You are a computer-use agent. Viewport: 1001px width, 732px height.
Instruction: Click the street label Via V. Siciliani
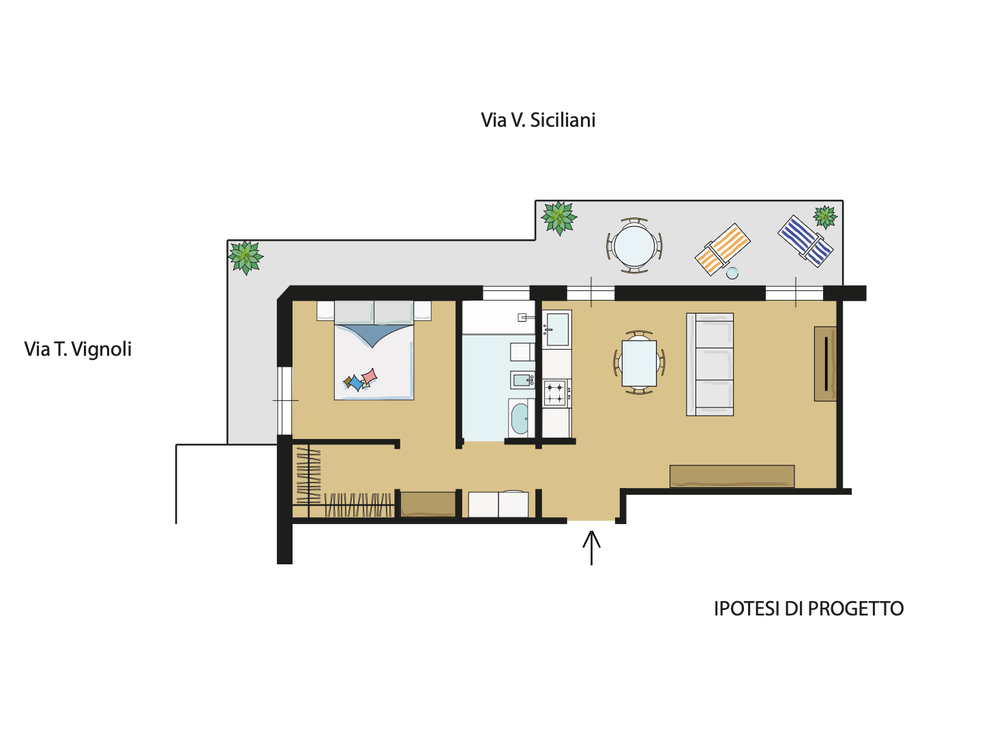point(538,120)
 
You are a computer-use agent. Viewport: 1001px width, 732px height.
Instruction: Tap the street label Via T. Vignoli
point(78,350)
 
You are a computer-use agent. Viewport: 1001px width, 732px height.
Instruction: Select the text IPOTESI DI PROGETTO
point(809,609)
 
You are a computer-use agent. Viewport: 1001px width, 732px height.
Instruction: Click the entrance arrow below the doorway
point(591,547)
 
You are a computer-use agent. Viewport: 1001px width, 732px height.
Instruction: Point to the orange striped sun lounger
point(723,249)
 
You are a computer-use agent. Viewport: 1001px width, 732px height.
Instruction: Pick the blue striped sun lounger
point(805,241)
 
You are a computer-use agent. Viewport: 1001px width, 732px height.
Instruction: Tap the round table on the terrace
point(634,245)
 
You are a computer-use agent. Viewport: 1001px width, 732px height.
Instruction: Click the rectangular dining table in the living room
point(639,363)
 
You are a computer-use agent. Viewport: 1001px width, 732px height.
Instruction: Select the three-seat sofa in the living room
point(710,365)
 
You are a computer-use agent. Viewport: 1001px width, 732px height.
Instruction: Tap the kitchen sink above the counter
point(557,330)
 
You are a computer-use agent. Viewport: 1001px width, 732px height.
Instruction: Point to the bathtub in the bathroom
point(520,418)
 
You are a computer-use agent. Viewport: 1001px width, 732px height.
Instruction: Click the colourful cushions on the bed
point(360,380)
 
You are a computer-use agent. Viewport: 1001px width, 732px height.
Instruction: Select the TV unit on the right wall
point(825,364)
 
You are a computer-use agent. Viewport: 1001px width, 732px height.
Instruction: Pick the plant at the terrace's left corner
point(245,257)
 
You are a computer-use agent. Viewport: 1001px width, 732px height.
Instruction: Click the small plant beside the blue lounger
point(825,217)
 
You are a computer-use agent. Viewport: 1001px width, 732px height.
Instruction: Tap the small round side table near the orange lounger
point(732,273)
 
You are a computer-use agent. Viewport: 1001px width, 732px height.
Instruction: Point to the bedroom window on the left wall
point(284,401)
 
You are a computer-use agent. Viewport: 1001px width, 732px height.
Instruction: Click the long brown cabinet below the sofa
point(732,476)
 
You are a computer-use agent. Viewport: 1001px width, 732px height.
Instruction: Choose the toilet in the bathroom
point(522,352)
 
